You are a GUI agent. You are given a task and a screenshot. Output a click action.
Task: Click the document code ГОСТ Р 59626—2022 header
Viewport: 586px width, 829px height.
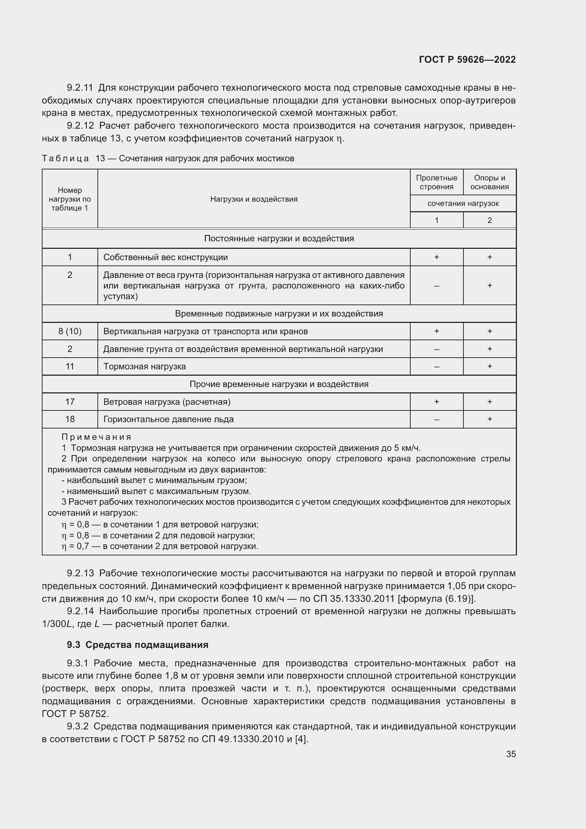click(x=467, y=60)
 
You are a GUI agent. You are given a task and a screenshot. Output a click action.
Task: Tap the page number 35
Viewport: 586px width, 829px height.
click(x=511, y=754)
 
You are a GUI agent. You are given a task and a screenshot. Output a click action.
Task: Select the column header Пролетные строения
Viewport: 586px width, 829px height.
click(x=436, y=182)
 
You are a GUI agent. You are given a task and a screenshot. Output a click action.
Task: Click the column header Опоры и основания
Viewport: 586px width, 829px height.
click(x=489, y=182)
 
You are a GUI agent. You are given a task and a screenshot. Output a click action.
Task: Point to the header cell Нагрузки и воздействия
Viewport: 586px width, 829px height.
click(x=254, y=199)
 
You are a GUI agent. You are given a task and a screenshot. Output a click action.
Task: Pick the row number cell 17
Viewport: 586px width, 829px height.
click(x=70, y=402)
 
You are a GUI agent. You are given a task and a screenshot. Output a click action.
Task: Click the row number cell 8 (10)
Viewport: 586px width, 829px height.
click(x=70, y=331)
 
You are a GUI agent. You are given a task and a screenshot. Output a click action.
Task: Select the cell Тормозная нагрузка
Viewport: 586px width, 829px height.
click(x=144, y=366)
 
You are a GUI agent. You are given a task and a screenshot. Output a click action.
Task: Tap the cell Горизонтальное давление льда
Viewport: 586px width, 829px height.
click(x=168, y=419)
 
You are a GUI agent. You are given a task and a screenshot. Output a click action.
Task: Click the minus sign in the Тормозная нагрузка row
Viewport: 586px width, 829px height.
click(x=436, y=367)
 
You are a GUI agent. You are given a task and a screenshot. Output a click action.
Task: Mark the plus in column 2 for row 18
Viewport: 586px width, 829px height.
click(x=489, y=419)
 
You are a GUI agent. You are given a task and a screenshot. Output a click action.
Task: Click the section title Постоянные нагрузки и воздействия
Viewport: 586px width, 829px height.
click(x=278, y=238)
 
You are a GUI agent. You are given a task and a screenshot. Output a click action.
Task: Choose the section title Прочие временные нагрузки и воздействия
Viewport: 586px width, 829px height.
click(x=278, y=384)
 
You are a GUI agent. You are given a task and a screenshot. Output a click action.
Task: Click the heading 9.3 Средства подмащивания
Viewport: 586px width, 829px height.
click(x=137, y=644)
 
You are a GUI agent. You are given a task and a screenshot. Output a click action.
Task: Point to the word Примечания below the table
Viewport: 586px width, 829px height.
click(x=96, y=437)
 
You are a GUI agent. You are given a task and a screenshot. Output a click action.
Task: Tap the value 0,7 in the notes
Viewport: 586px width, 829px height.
click(x=83, y=546)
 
